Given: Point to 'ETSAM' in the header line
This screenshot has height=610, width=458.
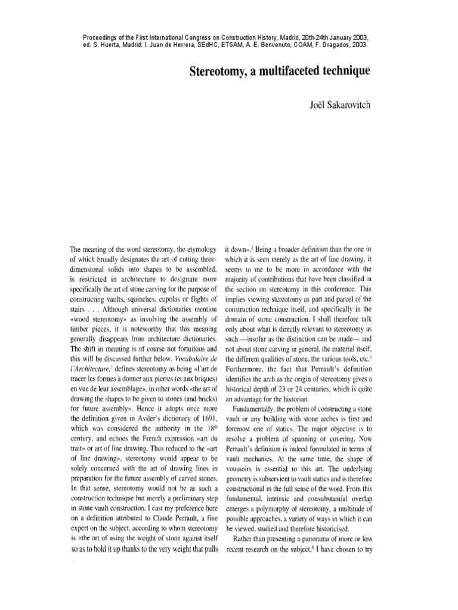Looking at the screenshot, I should click(x=222, y=45).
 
